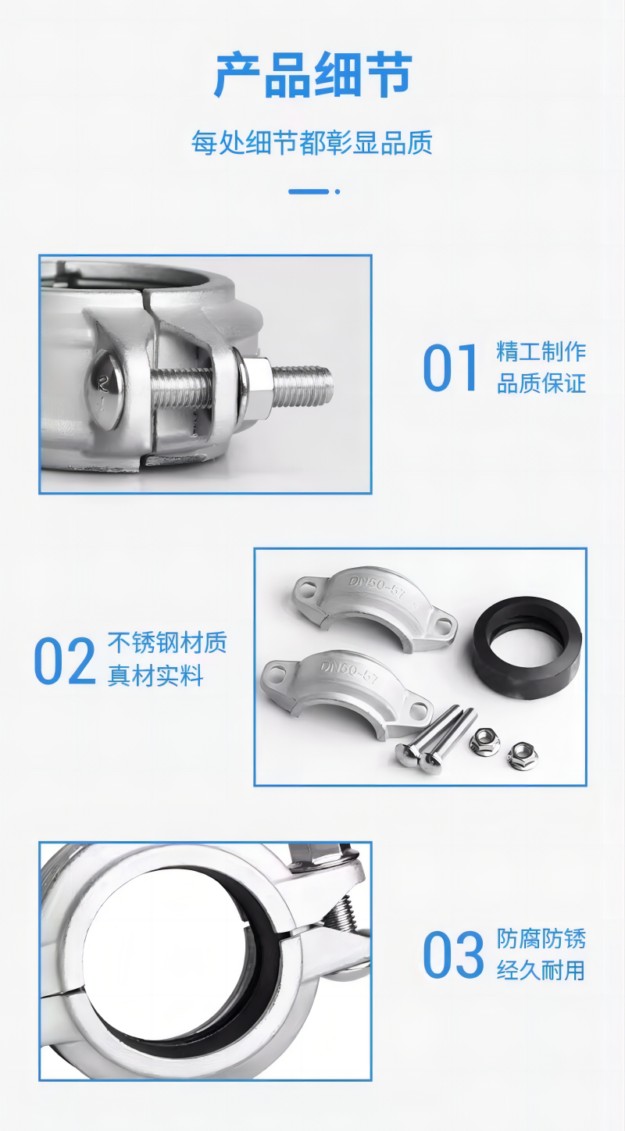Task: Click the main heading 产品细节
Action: point(312,74)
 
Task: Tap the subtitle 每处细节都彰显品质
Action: point(312,142)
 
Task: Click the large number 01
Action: point(450,368)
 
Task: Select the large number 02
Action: point(65,661)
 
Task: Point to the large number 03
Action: point(453,954)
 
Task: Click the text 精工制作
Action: point(541,351)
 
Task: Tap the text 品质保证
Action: point(541,384)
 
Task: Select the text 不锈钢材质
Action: point(167,642)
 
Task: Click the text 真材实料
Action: point(155,675)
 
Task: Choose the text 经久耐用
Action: point(541,970)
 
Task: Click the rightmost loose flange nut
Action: point(522,756)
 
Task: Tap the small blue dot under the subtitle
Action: point(337,191)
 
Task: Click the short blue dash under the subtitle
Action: point(309,191)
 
